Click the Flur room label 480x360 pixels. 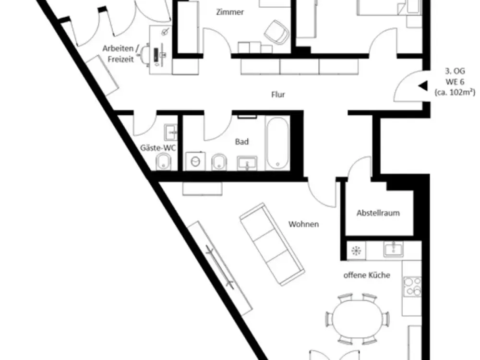(x=278, y=95)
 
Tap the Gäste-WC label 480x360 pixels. (x=158, y=148)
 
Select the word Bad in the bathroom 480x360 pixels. (x=242, y=142)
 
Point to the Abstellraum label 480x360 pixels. (x=378, y=213)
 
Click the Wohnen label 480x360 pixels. (x=303, y=224)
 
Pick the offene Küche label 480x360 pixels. (x=367, y=275)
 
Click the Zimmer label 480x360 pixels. (x=230, y=12)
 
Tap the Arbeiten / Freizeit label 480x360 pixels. (x=120, y=54)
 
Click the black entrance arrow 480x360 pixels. (x=423, y=86)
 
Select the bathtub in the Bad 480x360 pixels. (x=277, y=143)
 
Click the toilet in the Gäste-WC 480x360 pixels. (x=164, y=161)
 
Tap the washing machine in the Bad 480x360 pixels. (x=196, y=161)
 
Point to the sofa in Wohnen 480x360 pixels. (x=272, y=244)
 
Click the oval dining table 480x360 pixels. (x=357, y=318)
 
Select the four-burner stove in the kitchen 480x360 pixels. (x=412, y=287)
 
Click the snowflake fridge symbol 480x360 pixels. (x=356, y=251)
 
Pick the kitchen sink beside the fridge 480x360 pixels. (x=394, y=249)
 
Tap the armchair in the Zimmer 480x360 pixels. (x=277, y=32)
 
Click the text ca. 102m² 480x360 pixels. (x=455, y=92)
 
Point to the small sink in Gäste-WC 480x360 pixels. (x=170, y=132)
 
